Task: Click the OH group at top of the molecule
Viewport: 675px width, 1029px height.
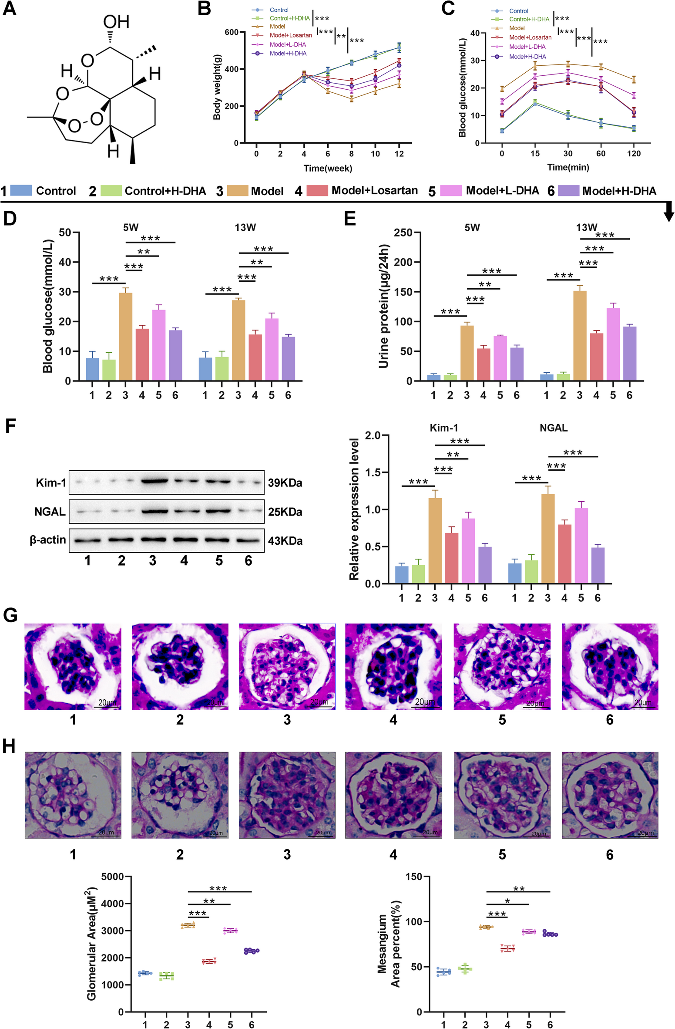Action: coord(116,22)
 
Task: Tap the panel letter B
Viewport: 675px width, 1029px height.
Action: coord(204,8)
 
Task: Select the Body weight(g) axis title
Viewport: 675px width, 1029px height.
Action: coord(217,87)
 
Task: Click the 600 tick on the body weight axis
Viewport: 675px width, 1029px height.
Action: coord(232,32)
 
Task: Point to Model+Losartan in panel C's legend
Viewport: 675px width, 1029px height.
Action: coord(530,37)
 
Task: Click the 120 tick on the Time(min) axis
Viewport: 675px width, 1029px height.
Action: coord(634,153)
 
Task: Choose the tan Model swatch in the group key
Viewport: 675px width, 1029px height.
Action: coord(237,190)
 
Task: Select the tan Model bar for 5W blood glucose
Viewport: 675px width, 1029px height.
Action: coord(125,337)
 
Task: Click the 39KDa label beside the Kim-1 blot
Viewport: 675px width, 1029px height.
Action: coord(285,482)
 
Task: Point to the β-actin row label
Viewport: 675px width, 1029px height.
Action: coord(47,540)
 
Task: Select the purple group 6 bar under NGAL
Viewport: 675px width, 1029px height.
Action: coord(598,565)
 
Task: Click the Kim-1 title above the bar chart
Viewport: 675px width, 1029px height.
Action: coord(443,428)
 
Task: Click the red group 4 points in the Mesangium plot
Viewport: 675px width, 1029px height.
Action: coord(507,948)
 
